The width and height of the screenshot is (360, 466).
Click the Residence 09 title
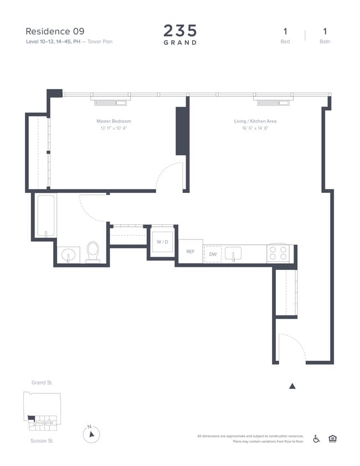pyautogui.click(x=55, y=31)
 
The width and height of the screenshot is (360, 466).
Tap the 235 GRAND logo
pyautogui.click(x=180, y=34)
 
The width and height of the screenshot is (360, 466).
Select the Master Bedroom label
pyautogui.click(x=114, y=121)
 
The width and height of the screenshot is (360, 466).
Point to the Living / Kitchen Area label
pyautogui.click(x=255, y=121)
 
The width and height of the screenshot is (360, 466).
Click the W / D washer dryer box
pyautogui.click(x=162, y=242)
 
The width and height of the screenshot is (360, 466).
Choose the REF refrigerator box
pyautogui.click(x=190, y=252)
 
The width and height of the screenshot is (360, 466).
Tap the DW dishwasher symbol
pyautogui.click(x=213, y=254)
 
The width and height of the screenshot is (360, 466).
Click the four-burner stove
pyautogui.click(x=279, y=253)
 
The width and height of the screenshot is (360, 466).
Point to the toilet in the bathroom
pyautogui.click(x=92, y=250)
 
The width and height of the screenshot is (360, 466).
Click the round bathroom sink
pyautogui.click(x=69, y=255)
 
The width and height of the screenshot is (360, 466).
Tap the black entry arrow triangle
pyautogui.click(x=292, y=386)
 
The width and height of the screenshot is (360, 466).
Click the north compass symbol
pyautogui.click(x=91, y=434)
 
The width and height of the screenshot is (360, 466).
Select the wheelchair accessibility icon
pyautogui.click(x=317, y=438)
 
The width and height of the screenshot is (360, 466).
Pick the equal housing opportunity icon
pyautogui.click(x=332, y=438)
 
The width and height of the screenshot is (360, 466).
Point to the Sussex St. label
pyautogui.click(x=42, y=441)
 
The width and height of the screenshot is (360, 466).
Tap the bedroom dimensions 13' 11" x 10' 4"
pyautogui.click(x=114, y=128)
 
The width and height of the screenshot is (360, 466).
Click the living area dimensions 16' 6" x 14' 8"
pyautogui.click(x=255, y=128)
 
